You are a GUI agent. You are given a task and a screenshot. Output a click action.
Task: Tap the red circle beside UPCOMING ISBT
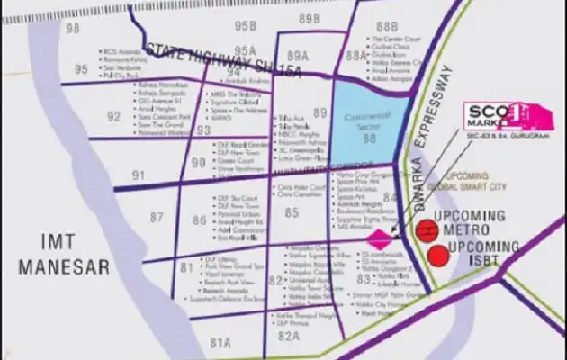[x=437, y=255]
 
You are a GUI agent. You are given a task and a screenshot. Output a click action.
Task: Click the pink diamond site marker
[x=381, y=238]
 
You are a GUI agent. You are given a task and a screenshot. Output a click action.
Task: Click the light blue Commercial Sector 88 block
[x=364, y=117]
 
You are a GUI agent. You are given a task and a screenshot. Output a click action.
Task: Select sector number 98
[x=73, y=29]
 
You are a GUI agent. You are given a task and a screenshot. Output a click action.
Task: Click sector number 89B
[x=310, y=19]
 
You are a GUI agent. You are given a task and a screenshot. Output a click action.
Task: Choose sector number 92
[x=113, y=116]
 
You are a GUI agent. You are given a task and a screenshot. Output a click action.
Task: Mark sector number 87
[x=157, y=217]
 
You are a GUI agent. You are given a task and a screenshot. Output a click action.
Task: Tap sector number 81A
[x=221, y=341]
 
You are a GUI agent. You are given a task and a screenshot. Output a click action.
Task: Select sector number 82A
[x=288, y=334]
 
